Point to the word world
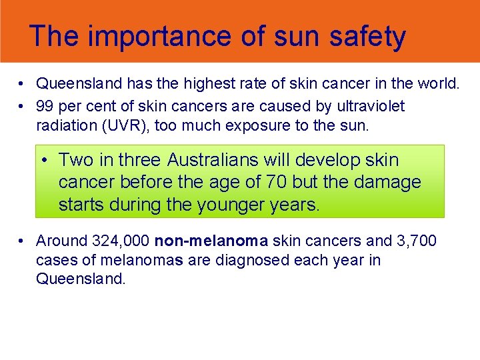click(x=437, y=84)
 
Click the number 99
click(x=45, y=107)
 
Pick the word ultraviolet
click(x=371, y=107)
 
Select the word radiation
click(x=67, y=125)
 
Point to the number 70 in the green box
click(x=272, y=182)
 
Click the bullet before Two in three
click(x=44, y=161)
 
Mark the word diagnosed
click(x=254, y=259)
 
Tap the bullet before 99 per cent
click(x=22, y=107)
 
